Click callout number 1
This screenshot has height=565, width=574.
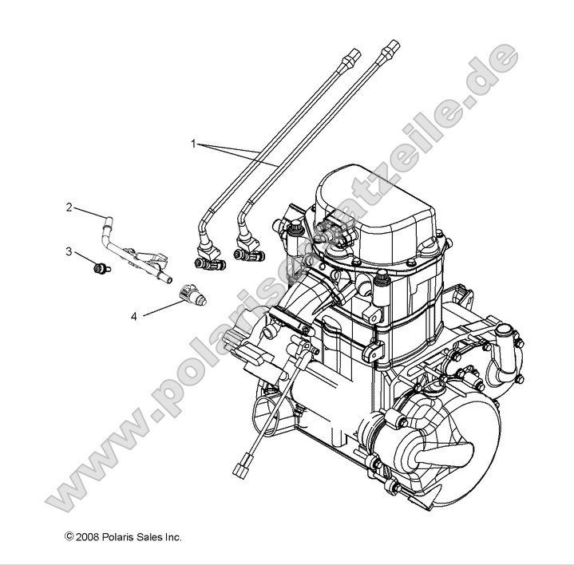point(192,144)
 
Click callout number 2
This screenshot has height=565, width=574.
point(69,207)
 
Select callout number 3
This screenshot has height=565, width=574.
point(69,251)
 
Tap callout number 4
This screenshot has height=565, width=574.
point(134,316)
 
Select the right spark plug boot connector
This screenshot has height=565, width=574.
point(248,255)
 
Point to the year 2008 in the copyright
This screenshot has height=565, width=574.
point(89,537)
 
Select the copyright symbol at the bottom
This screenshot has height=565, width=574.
point(69,537)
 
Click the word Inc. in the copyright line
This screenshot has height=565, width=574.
point(173,537)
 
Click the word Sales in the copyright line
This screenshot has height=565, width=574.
point(150,537)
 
